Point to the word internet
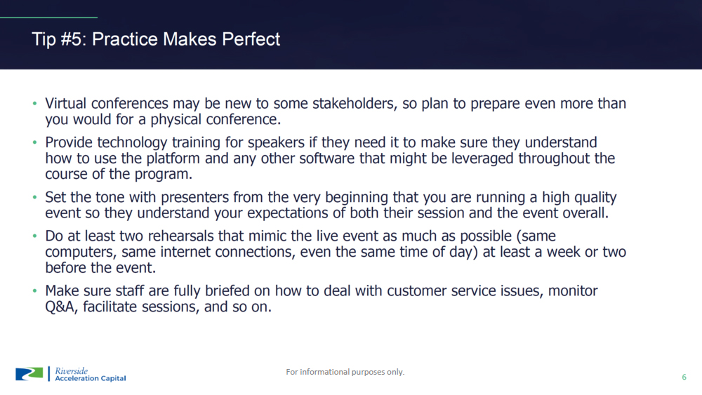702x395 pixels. point(186,253)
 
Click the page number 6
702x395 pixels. point(684,377)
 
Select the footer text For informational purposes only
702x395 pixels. point(345,372)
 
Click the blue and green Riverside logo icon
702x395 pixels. point(29,374)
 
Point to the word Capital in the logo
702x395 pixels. point(113,378)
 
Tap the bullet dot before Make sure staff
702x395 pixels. point(34,291)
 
